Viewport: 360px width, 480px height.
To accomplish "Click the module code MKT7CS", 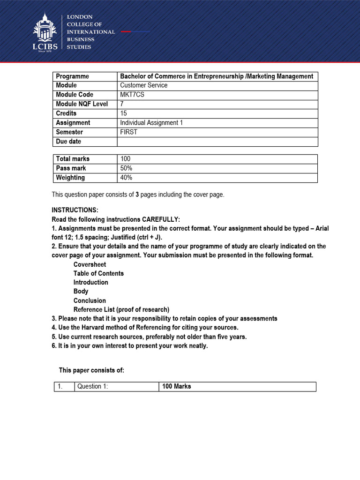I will coord(131,95).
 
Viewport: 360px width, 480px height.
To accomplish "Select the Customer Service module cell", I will coord(143,85).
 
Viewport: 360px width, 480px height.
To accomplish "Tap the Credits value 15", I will coord(124,113).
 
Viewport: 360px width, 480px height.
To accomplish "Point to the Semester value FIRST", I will coord(129,132).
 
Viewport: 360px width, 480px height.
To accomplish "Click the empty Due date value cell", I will coord(217,142).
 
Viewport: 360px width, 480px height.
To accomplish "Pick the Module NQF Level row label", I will coord(82,104).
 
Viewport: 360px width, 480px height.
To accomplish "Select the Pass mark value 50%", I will coord(126,168).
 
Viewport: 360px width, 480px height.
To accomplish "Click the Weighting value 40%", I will coord(126,178).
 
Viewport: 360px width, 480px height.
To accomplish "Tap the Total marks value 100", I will coord(126,159).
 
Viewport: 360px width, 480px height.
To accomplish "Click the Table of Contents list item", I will coord(98,273).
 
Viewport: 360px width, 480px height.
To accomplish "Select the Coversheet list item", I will coord(90,264).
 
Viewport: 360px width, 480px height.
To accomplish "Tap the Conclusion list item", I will coord(90,300).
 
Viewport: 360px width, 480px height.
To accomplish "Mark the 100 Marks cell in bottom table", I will coord(176,387).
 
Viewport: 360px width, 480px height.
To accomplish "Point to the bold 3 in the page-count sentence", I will coord(137,195).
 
